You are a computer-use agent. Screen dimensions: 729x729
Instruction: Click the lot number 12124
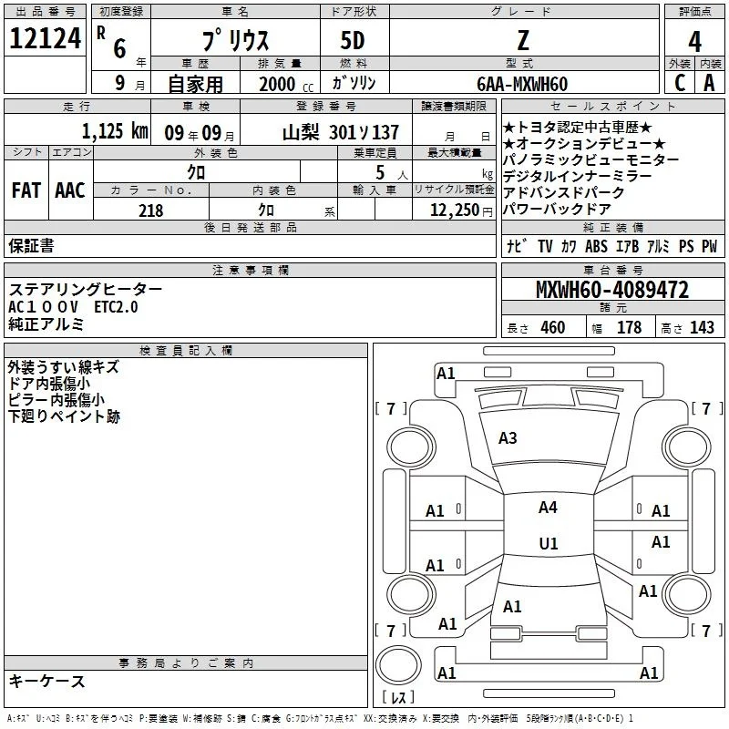[x=45, y=38]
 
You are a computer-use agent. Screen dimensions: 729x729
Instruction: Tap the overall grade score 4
[x=694, y=42]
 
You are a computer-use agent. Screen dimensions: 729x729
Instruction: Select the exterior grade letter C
[x=680, y=83]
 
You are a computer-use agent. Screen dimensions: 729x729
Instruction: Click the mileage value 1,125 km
[x=115, y=131]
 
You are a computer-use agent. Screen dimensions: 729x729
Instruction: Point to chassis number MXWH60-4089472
[x=612, y=290]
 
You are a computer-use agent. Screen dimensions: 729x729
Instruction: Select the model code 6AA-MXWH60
[x=522, y=84]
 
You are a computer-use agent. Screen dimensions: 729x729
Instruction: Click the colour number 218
[x=151, y=210]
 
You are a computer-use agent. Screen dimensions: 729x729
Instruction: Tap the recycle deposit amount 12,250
[x=454, y=210]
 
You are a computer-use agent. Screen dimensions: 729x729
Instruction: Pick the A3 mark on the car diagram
[x=508, y=438]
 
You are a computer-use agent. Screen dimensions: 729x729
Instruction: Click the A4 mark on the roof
[x=548, y=508]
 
